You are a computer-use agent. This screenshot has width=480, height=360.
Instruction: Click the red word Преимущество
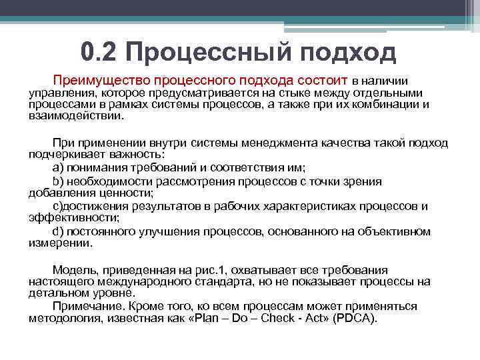(99, 79)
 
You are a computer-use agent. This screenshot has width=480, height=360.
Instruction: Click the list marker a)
(58, 167)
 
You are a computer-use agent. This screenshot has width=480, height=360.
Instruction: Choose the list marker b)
(58, 181)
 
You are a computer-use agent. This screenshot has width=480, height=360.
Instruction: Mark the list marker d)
(58, 231)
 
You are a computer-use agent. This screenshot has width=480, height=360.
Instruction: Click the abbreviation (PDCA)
(357, 317)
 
